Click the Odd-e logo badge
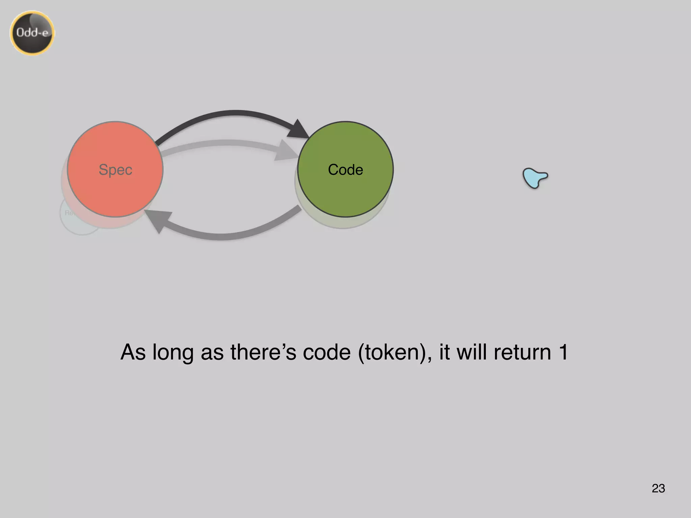(x=32, y=33)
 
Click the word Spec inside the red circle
(x=115, y=170)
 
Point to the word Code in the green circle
(x=345, y=170)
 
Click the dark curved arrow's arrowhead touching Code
(x=298, y=130)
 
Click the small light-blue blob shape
(x=534, y=177)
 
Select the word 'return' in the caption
(x=522, y=352)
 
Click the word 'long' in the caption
(x=173, y=352)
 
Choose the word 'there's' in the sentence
(x=263, y=352)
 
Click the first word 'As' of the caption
(x=133, y=352)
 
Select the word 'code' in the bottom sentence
(x=327, y=352)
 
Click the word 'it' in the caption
(x=444, y=352)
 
